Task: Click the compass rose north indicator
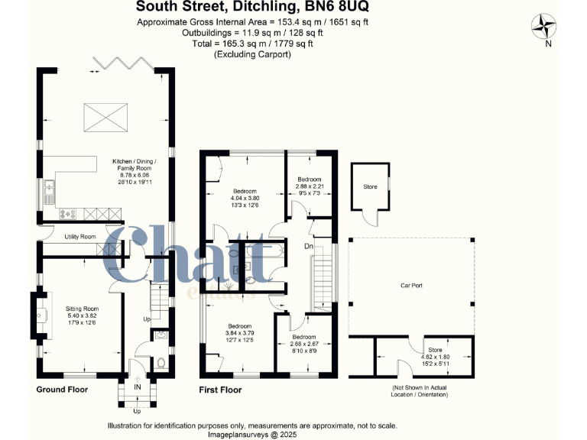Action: click(544, 28)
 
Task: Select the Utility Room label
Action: click(79, 238)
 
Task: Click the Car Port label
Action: click(411, 286)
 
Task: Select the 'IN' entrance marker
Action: click(138, 388)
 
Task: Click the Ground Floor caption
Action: click(62, 390)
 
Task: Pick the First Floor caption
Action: click(221, 390)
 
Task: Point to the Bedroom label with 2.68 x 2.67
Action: click(303, 336)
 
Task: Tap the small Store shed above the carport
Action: click(370, 187)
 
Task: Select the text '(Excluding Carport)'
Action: click(252, 55)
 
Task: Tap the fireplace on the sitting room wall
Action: click(36, 313)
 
